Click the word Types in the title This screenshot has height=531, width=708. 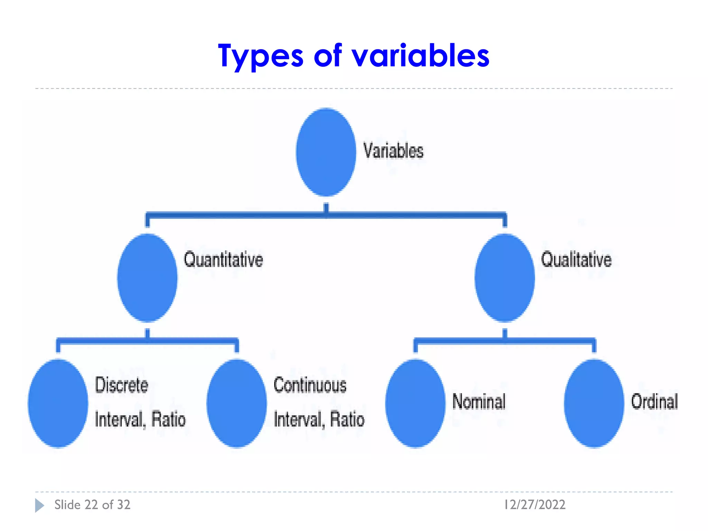[x=261, y=56]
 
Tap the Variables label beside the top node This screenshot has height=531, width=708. [x=393, y=151]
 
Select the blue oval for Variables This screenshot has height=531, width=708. [x=326, y=152]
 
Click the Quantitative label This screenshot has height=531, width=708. [x=223, y=260]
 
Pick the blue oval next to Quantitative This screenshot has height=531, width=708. [x=147, y=278]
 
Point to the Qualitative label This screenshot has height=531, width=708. [x=576, y=260]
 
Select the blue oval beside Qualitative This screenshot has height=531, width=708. [x=504, y=278]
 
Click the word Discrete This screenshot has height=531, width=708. [x=121, y=385]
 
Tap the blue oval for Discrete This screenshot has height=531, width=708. [x=58, y=403]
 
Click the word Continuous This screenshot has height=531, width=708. [x=310, y=385]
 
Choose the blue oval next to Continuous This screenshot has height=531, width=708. [x=236, y=403]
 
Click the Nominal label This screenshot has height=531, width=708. [x=479, y=402]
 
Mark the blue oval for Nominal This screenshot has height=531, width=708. [x=415, y=403]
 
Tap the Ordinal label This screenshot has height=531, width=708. [x=654, y=402]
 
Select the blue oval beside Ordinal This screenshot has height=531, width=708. [x=594, y=403]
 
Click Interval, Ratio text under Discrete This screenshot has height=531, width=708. [x=140, y=419]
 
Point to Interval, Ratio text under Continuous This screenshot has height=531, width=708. [x=319, y=419]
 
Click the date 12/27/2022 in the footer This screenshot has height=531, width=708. [x=534, y=505]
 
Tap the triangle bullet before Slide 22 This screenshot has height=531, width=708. [x=39, y=505]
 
